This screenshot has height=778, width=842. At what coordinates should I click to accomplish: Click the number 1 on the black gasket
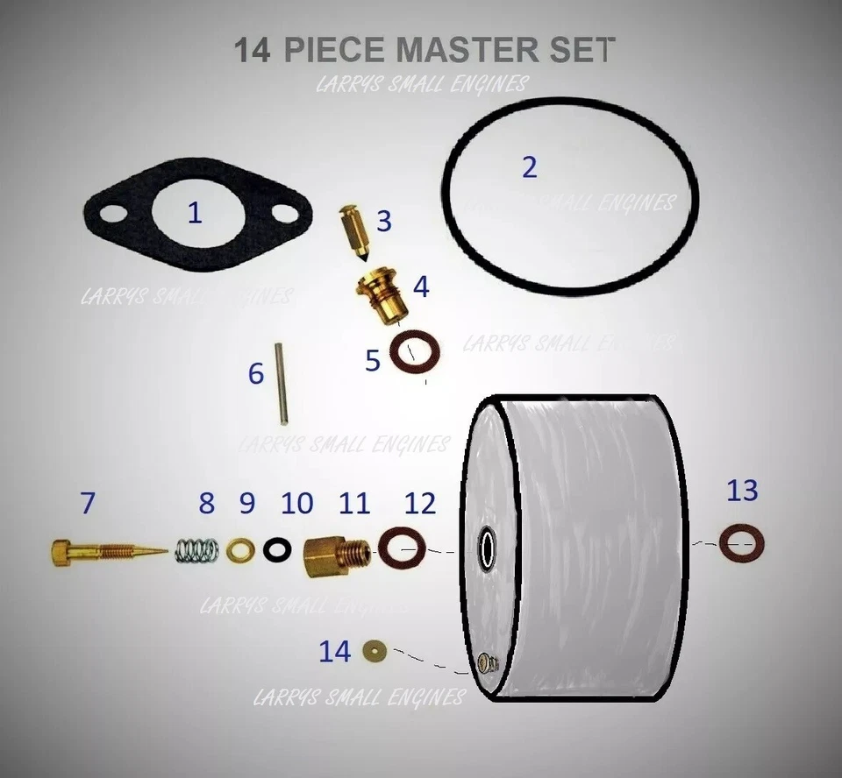(195, 212)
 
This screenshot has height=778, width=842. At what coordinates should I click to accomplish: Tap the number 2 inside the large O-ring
(529, 166)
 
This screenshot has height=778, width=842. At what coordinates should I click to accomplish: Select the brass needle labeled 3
(354, 234)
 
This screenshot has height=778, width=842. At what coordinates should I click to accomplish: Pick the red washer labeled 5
(412, 352)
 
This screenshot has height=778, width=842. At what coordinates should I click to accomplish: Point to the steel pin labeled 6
(280, 383)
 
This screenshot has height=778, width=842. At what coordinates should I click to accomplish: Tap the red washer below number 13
(739, 542)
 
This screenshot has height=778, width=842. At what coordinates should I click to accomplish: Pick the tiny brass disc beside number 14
(377, 650)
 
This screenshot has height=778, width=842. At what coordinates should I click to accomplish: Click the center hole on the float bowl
(486, 549)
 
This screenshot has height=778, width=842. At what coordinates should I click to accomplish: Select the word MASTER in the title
(460, 49)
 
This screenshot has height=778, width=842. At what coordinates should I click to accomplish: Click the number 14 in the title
(253, 49)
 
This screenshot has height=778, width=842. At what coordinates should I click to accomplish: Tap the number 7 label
(87, 503)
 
